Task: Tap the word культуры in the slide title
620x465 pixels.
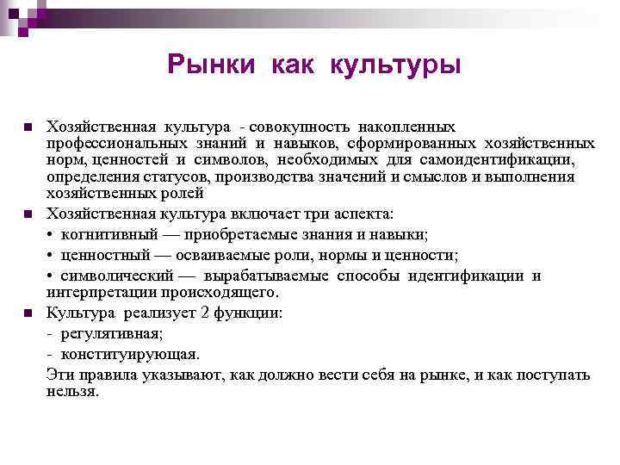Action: point(394,65)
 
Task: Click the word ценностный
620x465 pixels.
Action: point(97,255)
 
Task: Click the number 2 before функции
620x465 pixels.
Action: point(203,313)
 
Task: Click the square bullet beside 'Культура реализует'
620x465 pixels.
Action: point(28,313)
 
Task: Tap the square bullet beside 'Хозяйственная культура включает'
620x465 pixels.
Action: point(28,214)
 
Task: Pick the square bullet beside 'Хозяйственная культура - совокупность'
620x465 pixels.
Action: point(28,127)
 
